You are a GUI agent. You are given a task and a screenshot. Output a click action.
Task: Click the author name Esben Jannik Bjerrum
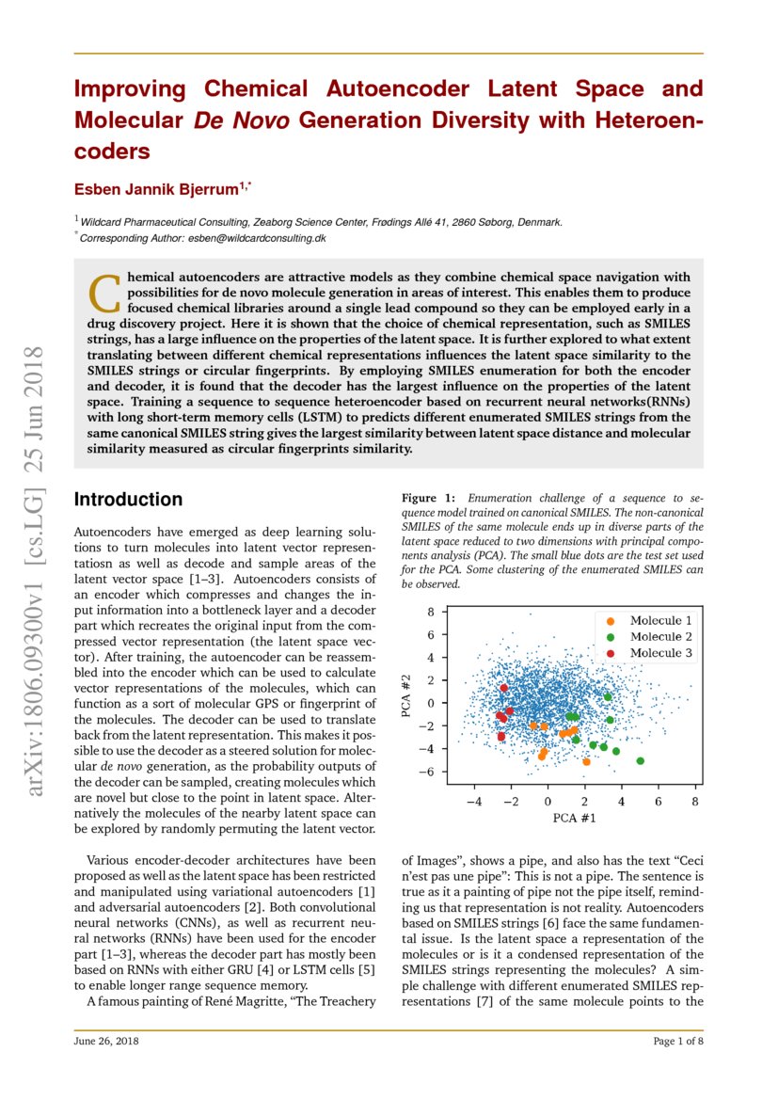tap(156, 189)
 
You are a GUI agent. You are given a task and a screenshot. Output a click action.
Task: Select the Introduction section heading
tap(128, 500)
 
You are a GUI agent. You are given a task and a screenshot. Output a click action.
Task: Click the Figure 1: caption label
tap(428, 497)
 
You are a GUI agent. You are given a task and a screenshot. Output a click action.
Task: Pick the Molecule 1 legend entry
tap(660, 621)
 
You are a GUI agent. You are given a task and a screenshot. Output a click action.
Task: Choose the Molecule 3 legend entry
tap(660, 653)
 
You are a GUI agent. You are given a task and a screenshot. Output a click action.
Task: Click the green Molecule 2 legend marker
tap(611, 637)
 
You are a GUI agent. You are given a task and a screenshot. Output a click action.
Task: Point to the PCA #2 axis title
tap(406, 696)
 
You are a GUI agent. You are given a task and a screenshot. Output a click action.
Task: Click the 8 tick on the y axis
tap(430, 612)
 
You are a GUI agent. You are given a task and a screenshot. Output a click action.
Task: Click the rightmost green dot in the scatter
tap(641, 760)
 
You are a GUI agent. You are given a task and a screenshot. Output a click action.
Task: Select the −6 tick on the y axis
tap(427, 772)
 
